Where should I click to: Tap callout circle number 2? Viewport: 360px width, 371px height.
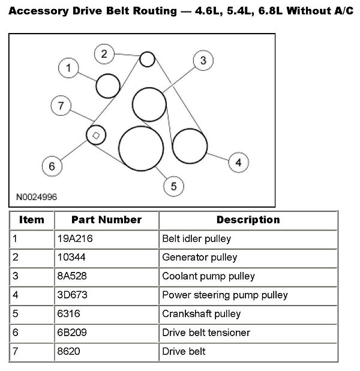pos(104,54)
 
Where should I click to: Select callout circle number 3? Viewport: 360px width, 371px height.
pos(203,60)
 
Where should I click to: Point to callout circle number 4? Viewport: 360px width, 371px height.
pos(238,162)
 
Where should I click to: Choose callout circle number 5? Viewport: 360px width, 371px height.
pos(173,186)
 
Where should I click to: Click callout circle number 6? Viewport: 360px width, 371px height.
pos(52,166)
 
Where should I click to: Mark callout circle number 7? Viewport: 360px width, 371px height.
pos(60,106)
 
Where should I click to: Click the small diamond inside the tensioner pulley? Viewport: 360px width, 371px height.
pos(95,135)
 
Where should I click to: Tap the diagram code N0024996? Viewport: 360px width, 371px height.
pos(36,197)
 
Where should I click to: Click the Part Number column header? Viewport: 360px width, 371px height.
pos(106,220)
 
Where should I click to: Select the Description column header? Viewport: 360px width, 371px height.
pos(248,220)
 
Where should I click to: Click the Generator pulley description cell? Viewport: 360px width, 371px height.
pos(200,257)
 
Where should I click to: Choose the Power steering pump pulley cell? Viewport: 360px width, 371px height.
pos(225,295)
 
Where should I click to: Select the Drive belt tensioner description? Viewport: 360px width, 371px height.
pos(206,332)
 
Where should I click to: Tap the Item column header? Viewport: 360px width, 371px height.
pos(32,220)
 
